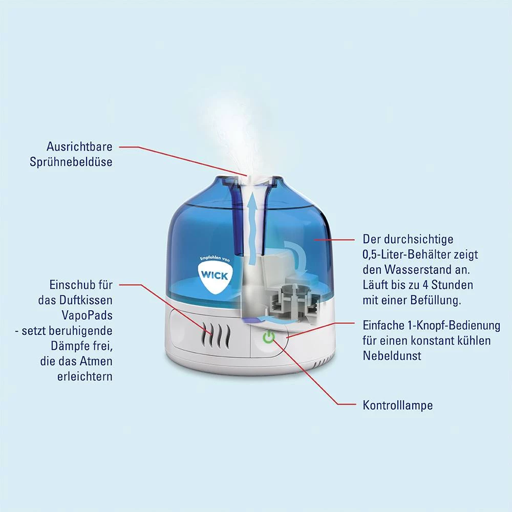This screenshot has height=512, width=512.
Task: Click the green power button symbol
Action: click(x=269, y=337)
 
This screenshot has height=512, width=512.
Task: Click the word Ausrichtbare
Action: click(x=79, y=146)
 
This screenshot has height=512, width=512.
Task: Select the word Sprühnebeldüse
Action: click(x=71, y=162)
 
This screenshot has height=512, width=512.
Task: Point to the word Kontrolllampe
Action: click(x=398, y=405)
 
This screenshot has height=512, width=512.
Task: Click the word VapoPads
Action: click(x=87, y=315)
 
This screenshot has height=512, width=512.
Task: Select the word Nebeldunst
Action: click(x=392, y=356)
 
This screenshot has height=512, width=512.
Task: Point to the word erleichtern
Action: click(x=85, y=376)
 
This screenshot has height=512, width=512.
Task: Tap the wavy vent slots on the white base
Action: click(x=216, y=335)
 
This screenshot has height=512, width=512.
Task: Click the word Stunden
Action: click(x=452, y=285)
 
